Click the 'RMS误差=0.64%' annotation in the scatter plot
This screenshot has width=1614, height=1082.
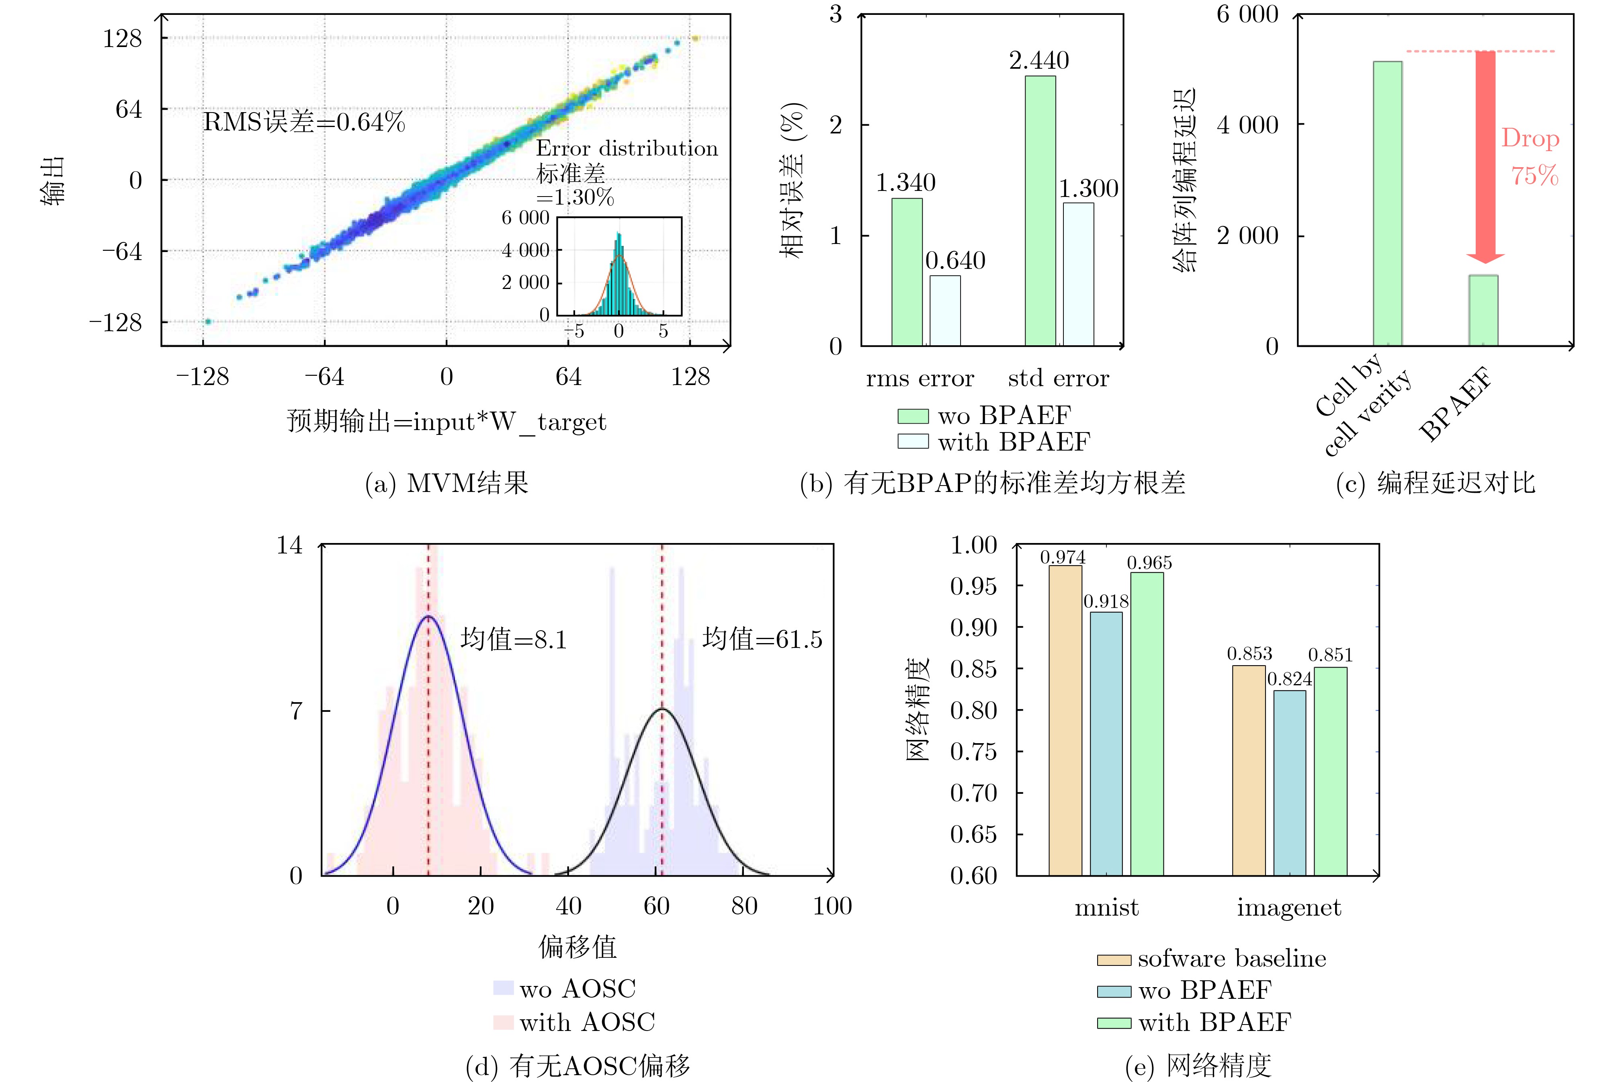coord(303,122)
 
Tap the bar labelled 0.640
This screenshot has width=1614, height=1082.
coord(945,311)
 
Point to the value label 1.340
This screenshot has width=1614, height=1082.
coord(905,183)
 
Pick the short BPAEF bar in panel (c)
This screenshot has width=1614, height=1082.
coord(1483,311)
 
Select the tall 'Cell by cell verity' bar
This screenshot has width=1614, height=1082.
coord(1387,203)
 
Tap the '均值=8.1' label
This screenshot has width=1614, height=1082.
coord(513,640)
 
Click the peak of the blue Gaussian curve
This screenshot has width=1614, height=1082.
coord(428,616)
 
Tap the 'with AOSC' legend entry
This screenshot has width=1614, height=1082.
coord(574,1022)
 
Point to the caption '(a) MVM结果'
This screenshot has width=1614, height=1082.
coord(447,483)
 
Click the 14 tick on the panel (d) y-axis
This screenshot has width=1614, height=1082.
coord(290,545)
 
